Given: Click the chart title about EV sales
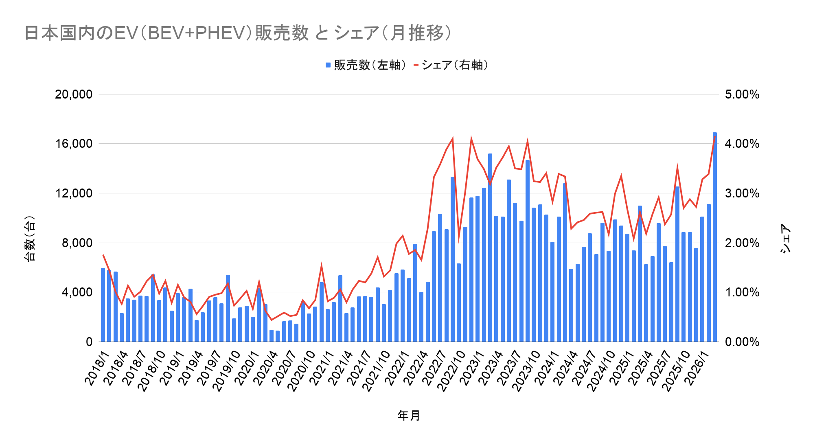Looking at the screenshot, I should [x=238, y=33].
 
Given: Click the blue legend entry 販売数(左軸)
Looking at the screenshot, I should [x=366, y=65].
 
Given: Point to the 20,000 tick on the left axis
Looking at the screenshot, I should [x=74, y=94].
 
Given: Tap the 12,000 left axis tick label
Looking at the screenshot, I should [x=74, y=193].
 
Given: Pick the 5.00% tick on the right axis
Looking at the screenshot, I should [x=742, y=94].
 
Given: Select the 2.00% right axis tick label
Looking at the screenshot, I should [x=742, y=243].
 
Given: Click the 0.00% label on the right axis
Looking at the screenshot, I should [x=742, y=342].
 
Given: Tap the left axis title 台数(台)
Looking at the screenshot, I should [x=30, y=238].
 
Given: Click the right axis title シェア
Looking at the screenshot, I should [x=785, y=238].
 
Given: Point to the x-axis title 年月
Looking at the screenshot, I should [x=409, y=416].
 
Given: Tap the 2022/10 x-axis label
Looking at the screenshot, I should [x=451, y=370].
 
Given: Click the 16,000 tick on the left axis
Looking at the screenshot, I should [x=74, y=144].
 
